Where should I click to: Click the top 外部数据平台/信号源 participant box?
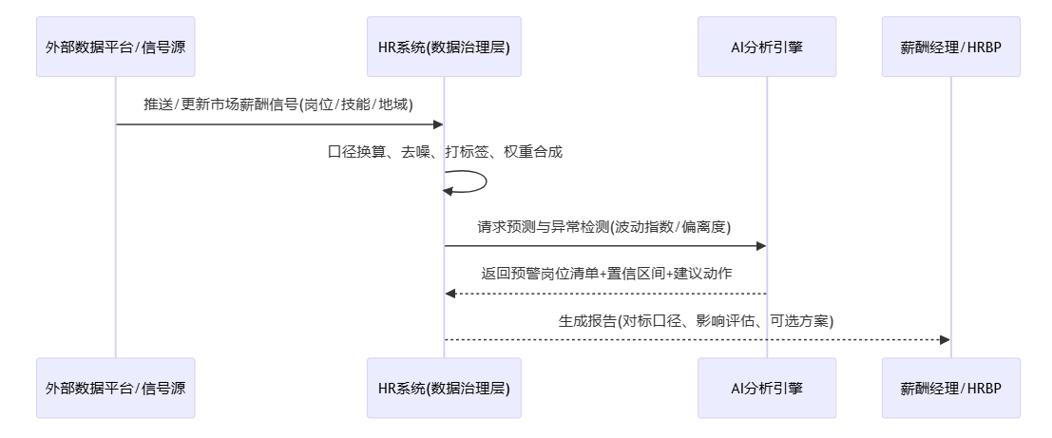(x=116, y=47)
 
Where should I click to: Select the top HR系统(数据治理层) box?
(x=444, y=47)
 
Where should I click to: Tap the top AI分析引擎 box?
(x=767, y=47)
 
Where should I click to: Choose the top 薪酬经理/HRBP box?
(x=950, y=47)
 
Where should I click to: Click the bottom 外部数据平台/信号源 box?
(x=116, y=388)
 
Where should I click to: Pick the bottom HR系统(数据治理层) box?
(x=444, y=388)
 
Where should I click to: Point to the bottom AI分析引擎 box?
(x=767, y=388)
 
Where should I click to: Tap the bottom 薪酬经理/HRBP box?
(x=950, y=388)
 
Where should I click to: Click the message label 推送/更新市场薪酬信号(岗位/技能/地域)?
(x=279, y=105)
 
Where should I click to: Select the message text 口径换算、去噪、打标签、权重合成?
(x=444, y=151)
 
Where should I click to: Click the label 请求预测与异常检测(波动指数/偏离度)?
(x=604, y=226)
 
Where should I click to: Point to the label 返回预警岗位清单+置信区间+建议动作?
(x=604, y=273)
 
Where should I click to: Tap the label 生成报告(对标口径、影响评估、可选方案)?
(x=697, y=320)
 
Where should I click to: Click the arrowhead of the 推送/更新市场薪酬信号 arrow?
(x=438, y=124)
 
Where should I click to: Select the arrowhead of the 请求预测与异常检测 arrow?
(x=760, y=246)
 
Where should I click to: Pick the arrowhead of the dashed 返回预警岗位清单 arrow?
(x=450, y=293)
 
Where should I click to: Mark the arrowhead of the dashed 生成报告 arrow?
(x=944, y=339)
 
